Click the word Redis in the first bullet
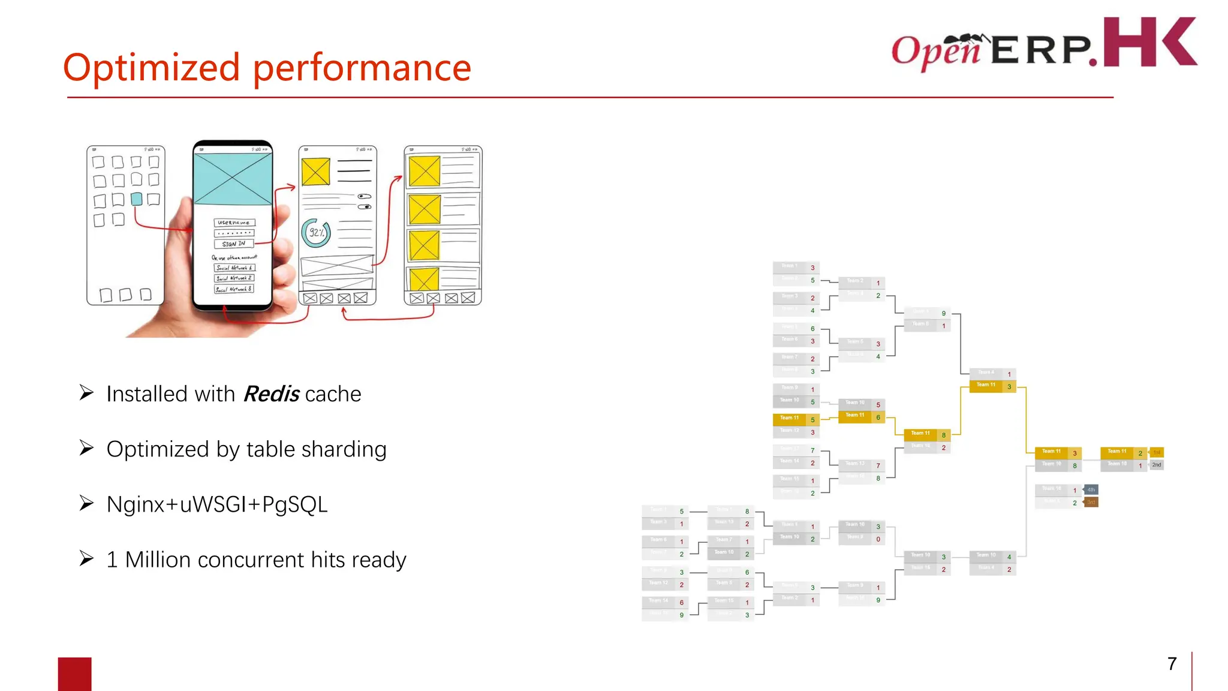click(x=271, y=394)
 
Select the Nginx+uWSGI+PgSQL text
click(x=217, y=504)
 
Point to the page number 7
click(x=1172, y=663)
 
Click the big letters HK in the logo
click(x=1149, y=42)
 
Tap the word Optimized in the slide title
click(x=151, y=67)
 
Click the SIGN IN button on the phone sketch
click(x=234, y=244)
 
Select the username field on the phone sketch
click(x=234, y=223)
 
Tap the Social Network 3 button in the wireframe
click(x=234, y=289)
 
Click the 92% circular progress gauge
click(x=316, y=232)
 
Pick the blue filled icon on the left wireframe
click(x=137, y=199)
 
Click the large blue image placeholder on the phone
click(x=233, y=179)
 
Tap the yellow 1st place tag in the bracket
click(x=1157, y=452)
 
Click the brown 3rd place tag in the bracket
click(x=1091, y=502)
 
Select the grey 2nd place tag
click(x=1157, y=465)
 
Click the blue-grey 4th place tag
click(x=1091, y=489)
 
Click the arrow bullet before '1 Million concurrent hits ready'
click(x=86, y=558)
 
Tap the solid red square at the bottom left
click(x=74, y=674)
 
